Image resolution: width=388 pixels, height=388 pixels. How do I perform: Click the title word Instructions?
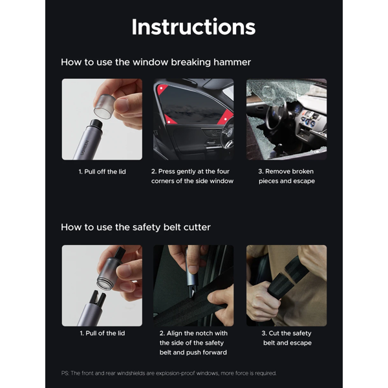coord(193,27)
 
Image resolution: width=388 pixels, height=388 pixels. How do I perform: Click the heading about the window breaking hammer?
coord(156,62)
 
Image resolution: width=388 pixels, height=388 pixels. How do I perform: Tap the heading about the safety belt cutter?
coord(136,227)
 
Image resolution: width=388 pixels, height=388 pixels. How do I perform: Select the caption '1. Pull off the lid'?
coord(102,171)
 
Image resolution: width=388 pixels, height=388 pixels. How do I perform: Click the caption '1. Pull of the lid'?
coord(102,333)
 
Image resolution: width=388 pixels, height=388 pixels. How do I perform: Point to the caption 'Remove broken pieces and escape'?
coord(286,176)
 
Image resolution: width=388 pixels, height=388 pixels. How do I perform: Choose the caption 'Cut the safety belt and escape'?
coord(286,338)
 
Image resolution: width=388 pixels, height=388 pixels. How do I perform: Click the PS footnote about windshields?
coord(169,373)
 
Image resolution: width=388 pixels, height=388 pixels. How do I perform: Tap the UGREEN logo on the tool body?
coord(84,147)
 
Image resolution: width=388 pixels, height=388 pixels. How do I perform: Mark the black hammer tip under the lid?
coord(96,124)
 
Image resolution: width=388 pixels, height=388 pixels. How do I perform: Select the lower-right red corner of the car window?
coord(226,117)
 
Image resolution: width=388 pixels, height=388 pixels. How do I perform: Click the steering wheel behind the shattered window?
coord(274,114)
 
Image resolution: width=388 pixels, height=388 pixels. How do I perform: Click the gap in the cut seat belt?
coord(288,276)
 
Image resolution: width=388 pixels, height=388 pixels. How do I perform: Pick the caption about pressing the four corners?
coord(192,176)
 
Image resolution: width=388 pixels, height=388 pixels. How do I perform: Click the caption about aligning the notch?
coord(193,343)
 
